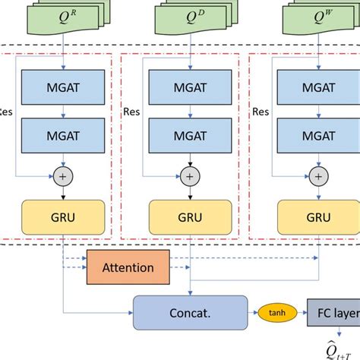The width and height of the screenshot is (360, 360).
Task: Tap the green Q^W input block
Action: (313, 17)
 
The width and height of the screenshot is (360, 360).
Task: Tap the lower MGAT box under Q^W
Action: (313, 135)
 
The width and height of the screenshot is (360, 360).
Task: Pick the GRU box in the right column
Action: (313, 216)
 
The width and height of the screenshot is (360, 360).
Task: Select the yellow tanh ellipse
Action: (277, 311)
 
